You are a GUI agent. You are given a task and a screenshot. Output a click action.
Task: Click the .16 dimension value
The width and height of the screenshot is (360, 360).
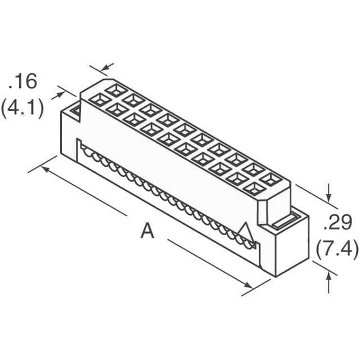pyautogui.click(x=22, y=81)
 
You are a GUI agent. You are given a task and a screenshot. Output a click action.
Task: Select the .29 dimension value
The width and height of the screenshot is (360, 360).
pyautogui.click(x=337, y=222)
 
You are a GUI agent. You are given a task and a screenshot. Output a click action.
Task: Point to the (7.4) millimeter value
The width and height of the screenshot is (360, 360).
pyautogui.click(x=337, y=249)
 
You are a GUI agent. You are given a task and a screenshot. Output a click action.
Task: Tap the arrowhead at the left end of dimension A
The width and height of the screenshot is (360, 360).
pyautogui.click(x=46, y=169)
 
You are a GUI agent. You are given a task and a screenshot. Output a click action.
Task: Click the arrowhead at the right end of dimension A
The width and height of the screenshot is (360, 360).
pyautogui.click(x=248, y=285)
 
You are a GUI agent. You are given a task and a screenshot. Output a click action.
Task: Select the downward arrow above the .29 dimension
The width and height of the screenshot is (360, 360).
pyautogui.click(x=328, y=193)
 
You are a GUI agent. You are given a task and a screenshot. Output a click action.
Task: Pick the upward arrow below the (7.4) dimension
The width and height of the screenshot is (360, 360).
pyautogui.click(x=328, y=282)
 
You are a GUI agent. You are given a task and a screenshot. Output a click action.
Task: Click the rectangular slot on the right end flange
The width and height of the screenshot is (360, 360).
pyautogui.click(x=285, y=221)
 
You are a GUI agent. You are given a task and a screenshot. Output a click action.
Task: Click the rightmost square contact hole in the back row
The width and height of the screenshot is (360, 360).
pyautogui.click(x=271, y=179)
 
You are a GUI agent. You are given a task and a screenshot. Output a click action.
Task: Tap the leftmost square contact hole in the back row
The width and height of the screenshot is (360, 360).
pyautogui.click(x=116, y=91)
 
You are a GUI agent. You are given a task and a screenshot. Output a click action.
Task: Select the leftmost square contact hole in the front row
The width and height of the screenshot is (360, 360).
pyautogui.click(x=100, y=100)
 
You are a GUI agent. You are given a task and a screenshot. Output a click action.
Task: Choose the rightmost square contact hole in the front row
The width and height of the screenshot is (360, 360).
pyautogui.click(x=254, y=189)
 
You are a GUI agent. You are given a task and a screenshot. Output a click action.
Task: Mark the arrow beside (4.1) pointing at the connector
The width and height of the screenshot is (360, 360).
pyautogui.click(x=58, y=96)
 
